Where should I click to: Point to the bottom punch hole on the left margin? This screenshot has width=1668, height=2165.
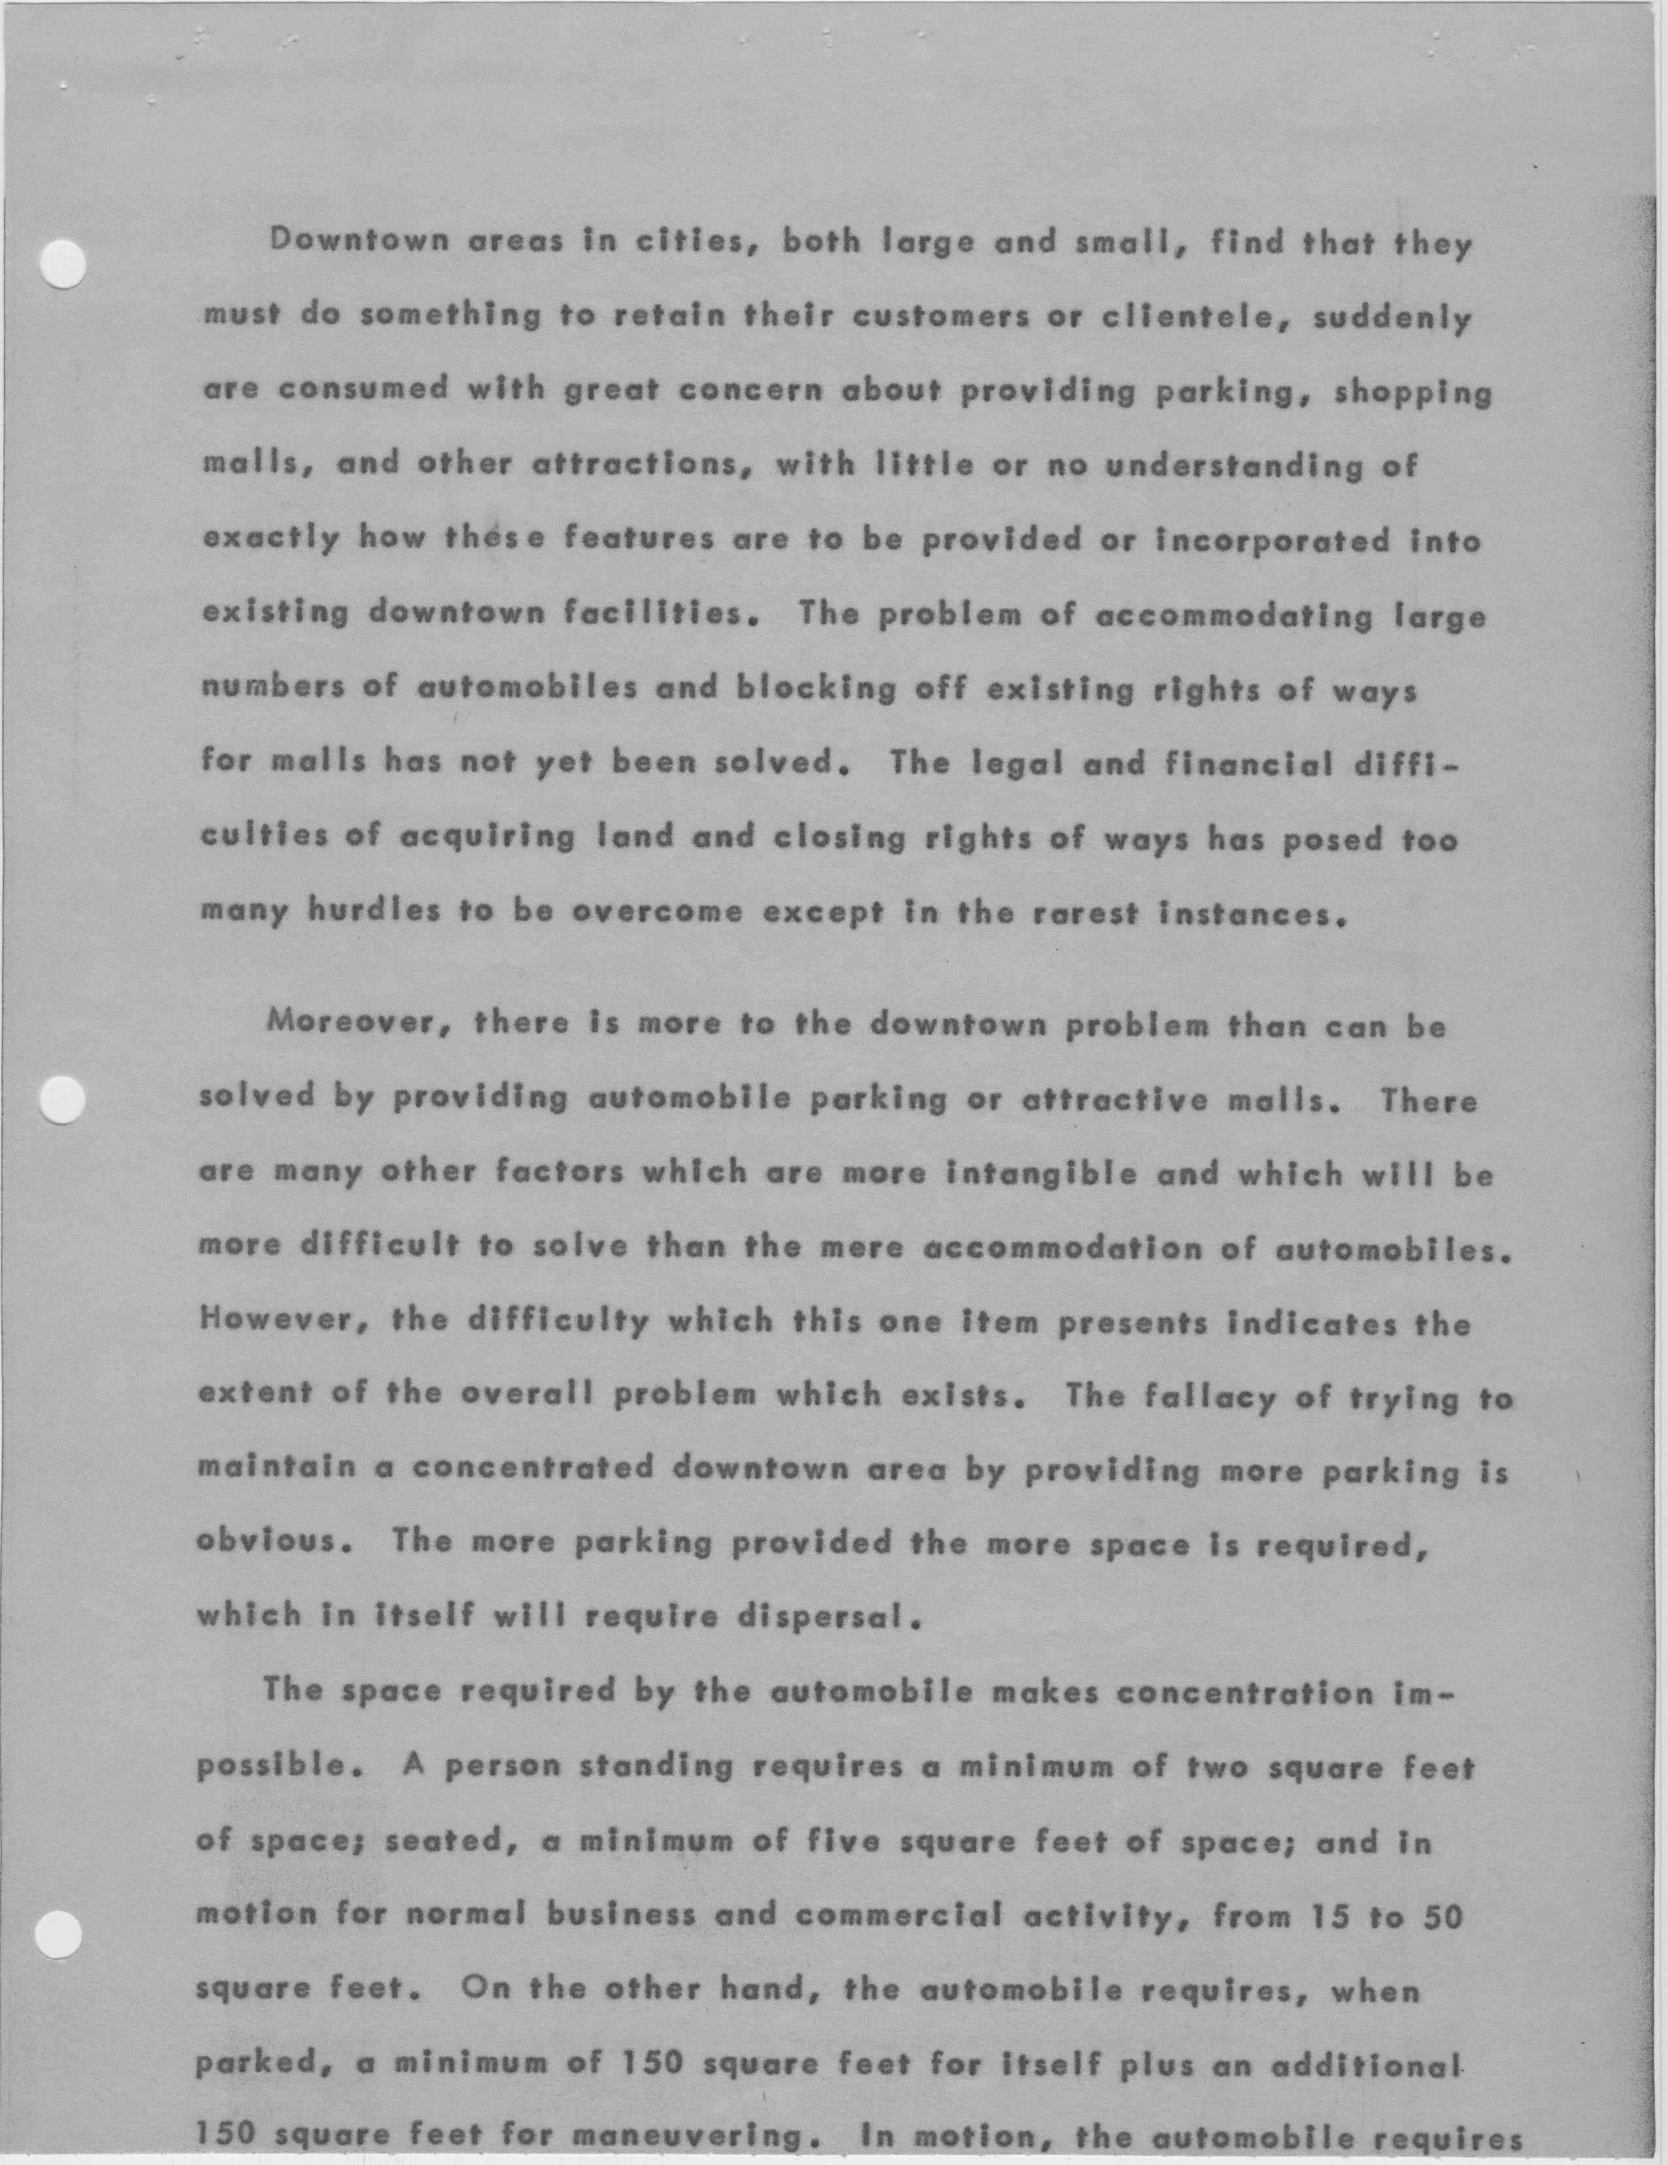[x=58, y=1931]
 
